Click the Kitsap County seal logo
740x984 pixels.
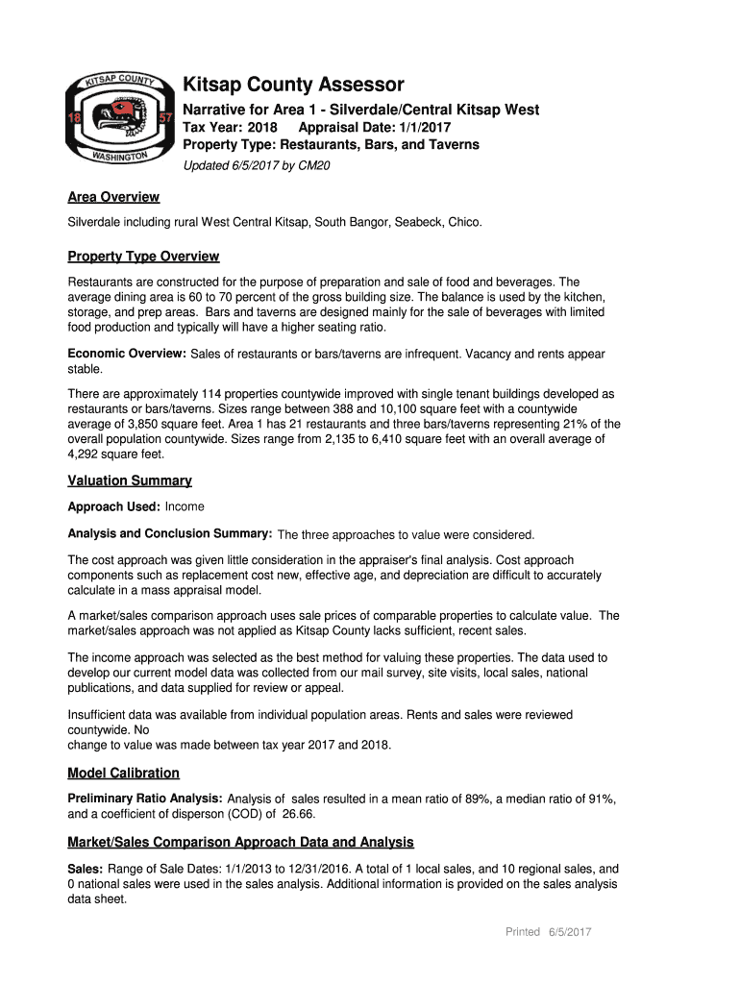(113, 119)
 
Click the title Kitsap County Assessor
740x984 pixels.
(293, 85)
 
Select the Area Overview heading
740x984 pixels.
(113, 197)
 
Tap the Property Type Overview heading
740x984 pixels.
(143, 257)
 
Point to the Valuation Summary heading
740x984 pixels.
(130, 480)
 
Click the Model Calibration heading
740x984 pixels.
(123, 773)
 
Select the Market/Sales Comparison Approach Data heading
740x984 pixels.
(240, 842)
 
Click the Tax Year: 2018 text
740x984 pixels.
(230, 128)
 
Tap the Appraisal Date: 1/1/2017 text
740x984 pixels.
(375, 128)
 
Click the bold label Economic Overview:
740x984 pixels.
(127, 354)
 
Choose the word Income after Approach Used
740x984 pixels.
(185, 506)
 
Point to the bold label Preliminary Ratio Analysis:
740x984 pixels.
(145, 799)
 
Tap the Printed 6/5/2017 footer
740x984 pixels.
(548, 932)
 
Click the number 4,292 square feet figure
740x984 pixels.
(87, 455)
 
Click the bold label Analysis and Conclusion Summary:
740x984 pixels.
(169, 533)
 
